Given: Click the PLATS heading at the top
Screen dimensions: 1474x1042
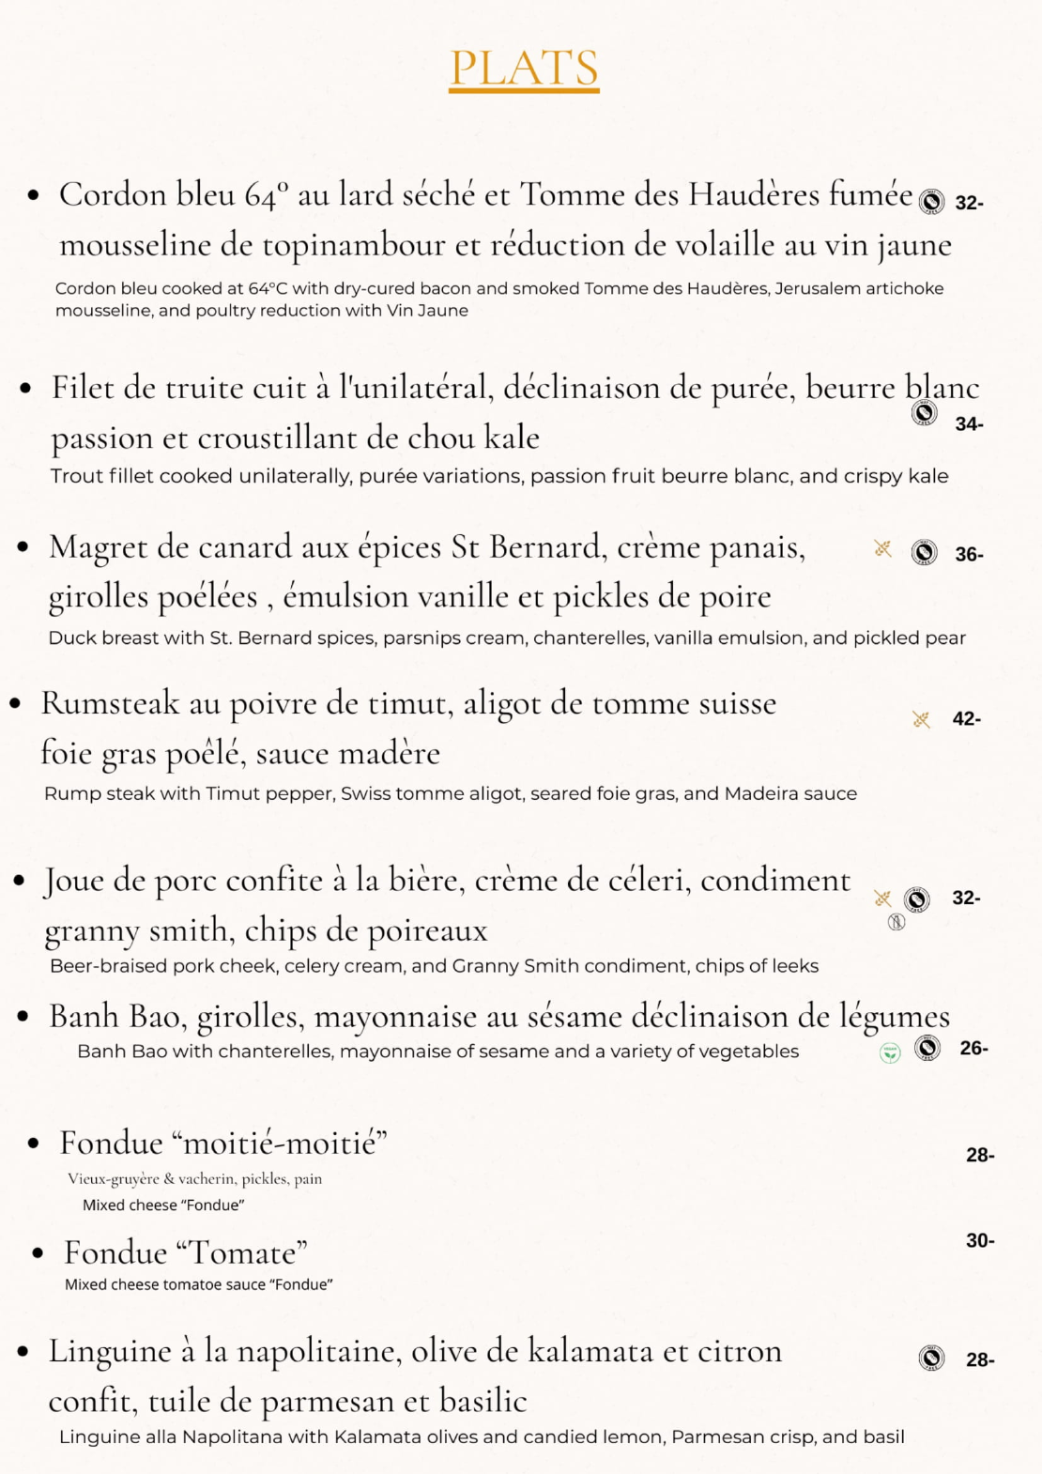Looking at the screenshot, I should pyautogui.click(x=524, y=68).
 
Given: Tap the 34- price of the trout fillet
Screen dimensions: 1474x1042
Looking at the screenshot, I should pyautogui.click(x=969, y=424).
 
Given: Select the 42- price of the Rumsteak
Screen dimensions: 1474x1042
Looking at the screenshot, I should pyautogui.click(x=966, y=719).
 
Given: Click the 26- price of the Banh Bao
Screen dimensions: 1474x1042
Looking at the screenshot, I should pyautogui.click(x=973, y=1049).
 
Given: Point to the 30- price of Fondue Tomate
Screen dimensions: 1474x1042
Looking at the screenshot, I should pyautogui.click(x=980, y=1241).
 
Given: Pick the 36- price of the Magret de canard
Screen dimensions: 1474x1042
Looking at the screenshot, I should pyautogui.click(x=969, y=555).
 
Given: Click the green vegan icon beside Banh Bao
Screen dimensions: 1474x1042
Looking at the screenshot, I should pyautogui.click(x=890, y=1053).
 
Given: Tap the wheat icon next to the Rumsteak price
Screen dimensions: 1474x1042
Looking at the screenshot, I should pyautogui.click(x=921, y=719).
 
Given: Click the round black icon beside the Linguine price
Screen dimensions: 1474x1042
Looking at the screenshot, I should pyautogui.click(x=931, y=1358).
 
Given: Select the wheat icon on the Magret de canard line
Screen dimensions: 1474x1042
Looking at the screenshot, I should pyautogui.click(x=882, y=548).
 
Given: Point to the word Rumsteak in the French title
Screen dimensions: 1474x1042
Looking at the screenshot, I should pyautogui.click(x=110, y=703).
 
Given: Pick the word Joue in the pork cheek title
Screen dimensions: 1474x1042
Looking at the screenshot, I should pyautogui.click(x=73, y=881).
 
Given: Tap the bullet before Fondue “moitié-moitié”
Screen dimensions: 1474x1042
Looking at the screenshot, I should pyautogui.click(x=34, y=1144).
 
